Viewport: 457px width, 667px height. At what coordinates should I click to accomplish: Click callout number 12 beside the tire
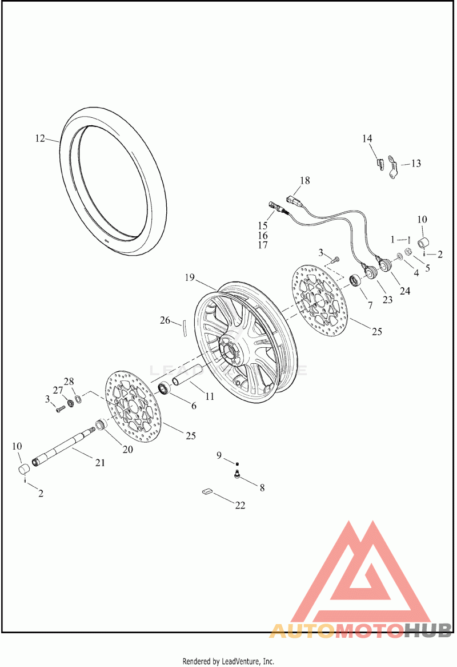click(x=39, y=138)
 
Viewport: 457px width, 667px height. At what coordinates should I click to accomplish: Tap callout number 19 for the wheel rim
click(x=190, y=278)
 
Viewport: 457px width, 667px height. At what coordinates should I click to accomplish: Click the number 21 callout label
click(x=100, y=463)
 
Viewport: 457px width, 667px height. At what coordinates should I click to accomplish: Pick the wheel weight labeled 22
click(x=206, y=491)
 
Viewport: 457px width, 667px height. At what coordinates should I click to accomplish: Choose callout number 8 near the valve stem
click(x=262, y=488)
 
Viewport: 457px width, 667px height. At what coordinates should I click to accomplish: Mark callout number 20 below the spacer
click(x=127, y=450)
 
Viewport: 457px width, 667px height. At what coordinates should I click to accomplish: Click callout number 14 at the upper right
click(x=367, y=138)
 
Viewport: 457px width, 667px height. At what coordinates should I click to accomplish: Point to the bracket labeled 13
click(x=392, y=167)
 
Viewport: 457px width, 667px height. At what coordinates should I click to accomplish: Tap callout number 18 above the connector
click(x=304, y=181)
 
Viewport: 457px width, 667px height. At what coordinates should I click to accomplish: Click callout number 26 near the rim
click(x=165, y=320)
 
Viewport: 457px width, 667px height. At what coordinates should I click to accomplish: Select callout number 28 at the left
click(x=69, y=382)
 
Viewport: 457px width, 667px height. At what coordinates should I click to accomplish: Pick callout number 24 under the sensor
click(x=404, y=291)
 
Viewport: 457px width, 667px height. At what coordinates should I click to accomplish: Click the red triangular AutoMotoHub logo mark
click(x=360, y=578)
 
